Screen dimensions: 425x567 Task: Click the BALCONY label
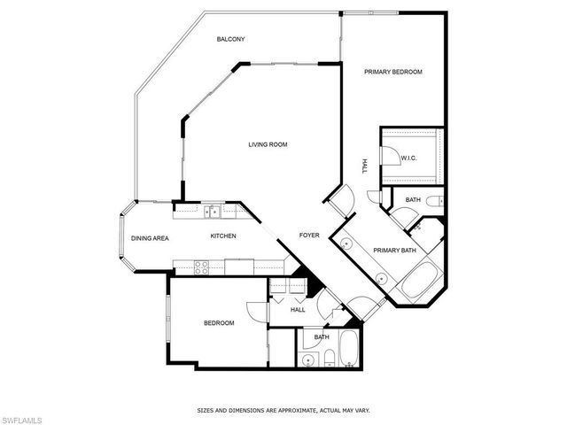coord(230,39)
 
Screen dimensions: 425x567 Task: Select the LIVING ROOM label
coord(268,144)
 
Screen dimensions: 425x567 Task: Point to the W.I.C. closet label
coord(408,158)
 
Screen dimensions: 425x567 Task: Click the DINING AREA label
coord(150,238)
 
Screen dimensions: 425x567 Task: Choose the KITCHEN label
coord(222,236)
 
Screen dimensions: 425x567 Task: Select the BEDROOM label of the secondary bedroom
coord(219,323)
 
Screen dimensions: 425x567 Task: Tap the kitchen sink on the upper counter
coord(214,211)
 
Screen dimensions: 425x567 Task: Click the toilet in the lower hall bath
coord(328,356)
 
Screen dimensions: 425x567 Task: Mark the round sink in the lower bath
coord(309,359)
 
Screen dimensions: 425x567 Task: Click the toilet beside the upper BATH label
coord(434,202)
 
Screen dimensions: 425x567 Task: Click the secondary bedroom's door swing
coord(256,311)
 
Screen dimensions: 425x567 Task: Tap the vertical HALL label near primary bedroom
coord(364,166)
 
